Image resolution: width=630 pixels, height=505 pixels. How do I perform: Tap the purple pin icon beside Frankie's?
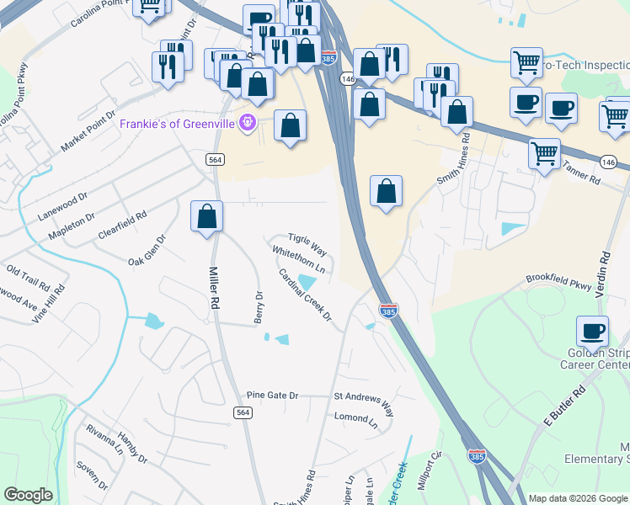(248, 124)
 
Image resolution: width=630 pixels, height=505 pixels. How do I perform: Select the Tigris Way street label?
(307, 244)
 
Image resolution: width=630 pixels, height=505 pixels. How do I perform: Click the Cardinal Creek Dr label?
(306, 295)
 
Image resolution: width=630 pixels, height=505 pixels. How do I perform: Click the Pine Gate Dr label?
(272, 395)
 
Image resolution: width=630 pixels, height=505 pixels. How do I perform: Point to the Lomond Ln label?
(355, 418)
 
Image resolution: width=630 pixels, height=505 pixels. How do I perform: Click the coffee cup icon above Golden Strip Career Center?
(592, 331)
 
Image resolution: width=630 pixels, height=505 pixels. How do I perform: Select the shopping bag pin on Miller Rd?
(206, 217)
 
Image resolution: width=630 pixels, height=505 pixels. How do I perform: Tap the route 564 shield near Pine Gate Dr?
(243, 412)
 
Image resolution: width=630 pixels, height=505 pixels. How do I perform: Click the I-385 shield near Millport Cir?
(476, 456)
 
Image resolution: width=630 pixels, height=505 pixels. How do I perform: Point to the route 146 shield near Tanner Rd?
(607, 160)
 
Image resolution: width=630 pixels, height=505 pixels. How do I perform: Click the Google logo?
(29, 495)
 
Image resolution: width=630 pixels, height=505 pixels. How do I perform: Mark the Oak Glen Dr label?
(147, 250)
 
